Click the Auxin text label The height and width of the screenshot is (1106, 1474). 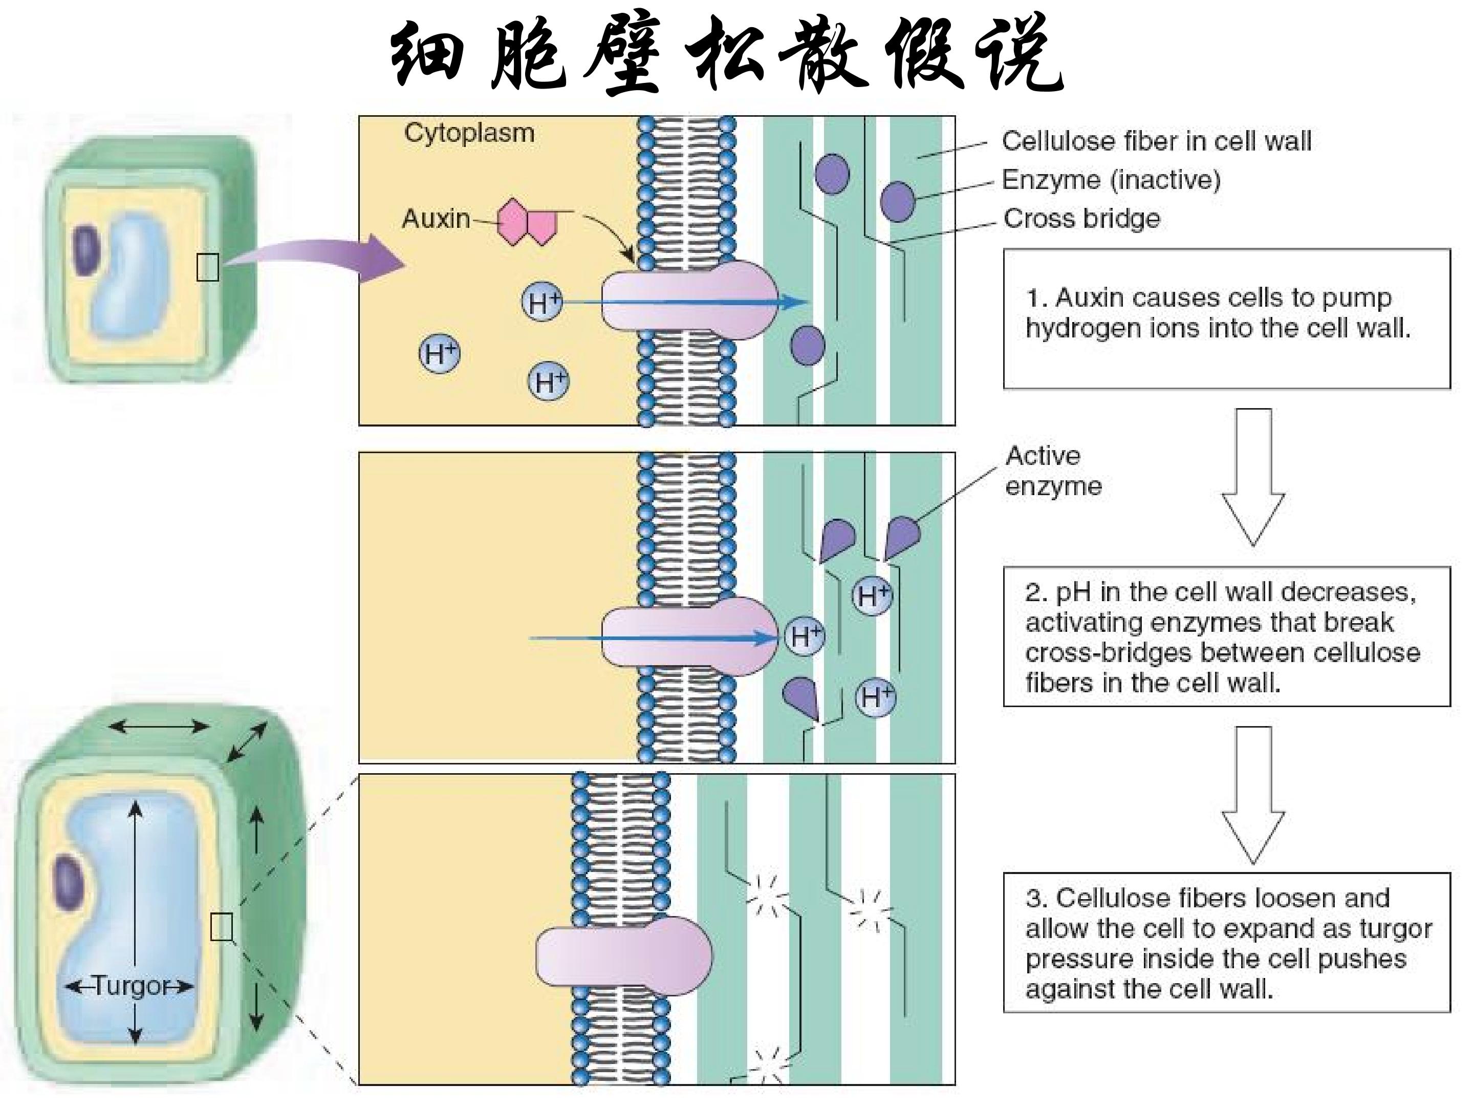click(x=436, y=219)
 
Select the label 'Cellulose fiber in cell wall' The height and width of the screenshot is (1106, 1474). click(x=1157, y=141)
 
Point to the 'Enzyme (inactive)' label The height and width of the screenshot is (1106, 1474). click(x=1111, y=180)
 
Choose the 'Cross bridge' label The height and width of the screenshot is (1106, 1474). click(x=1081, y=218)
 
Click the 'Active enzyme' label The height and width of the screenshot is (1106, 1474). click(x=1053, y=471)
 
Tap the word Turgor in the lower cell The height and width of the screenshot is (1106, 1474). click(x=132, y=985)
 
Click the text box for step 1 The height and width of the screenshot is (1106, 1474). click(x=1227, y=318)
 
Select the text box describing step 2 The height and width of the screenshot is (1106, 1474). click(x=1227, y=636)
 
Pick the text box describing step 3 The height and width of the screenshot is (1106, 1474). click(x=1227, y=943)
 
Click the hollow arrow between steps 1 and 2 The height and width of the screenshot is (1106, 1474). click(x=1253, y=477)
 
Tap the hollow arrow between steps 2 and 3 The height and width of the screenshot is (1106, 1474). click(x=1253, y=795)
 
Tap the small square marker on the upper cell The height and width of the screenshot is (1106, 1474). click(x=208, y=267)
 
